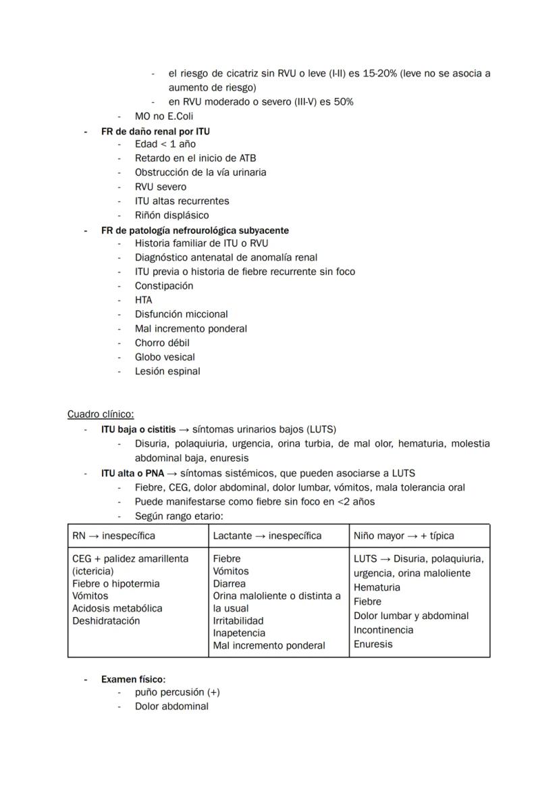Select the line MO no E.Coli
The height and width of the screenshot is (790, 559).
[x=164, y=116]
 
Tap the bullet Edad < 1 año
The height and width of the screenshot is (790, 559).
[x=165, y=144]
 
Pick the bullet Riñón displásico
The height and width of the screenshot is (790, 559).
[x=171, y=215]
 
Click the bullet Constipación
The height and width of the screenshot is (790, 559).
[x=164, y=285]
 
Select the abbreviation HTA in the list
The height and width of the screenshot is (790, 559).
[x=144, y=299]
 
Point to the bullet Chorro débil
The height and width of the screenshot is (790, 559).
[x=162, y=343]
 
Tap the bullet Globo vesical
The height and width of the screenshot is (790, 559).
[x=165, y=357]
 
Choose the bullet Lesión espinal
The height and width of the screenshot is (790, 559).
[x=167, y=371]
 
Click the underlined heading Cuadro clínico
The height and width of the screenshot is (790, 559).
[x=101, y=414]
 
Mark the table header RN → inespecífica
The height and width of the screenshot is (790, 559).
[x=113, y=535]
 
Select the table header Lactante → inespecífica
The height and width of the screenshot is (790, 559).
[x=267, y=535]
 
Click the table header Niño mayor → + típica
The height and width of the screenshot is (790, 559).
[x=404, y=535]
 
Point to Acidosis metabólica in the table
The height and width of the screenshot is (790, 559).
[x=117, y=608]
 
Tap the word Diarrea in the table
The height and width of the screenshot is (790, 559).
[x=230, y=583]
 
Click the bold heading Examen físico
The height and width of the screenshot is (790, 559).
[x=133, y=678]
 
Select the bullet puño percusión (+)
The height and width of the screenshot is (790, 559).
[x=177, y=692]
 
